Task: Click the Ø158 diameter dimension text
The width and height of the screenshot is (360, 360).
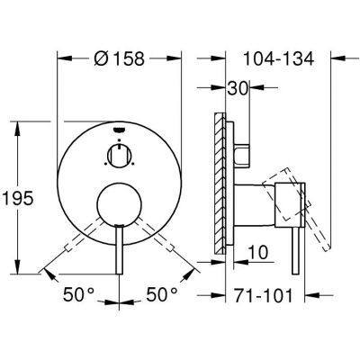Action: click(x=120, y=57)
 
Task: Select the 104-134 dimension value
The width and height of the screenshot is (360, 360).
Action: click(x=279, y=57)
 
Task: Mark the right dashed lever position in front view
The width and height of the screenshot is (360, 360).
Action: click(x=166, y=247)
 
